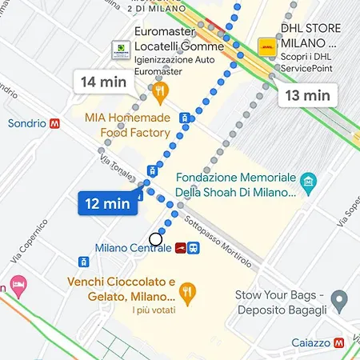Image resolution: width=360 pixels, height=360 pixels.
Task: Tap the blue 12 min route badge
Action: pos(107,203)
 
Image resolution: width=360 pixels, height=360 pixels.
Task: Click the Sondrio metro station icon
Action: pos(55,124)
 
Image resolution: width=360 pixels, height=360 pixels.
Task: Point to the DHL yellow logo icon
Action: pos(267,47)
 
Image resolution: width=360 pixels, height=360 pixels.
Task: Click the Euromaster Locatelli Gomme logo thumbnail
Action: pos(122,50)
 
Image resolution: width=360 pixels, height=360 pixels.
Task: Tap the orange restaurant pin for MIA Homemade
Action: pos(160,91)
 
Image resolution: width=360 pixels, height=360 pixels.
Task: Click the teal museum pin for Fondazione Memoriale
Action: pos(309,186)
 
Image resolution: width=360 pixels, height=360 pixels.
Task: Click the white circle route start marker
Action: pos(156,238)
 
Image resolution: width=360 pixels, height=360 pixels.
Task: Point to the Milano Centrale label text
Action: pos(133,248)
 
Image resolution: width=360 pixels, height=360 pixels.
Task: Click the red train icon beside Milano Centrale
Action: pos(181,248)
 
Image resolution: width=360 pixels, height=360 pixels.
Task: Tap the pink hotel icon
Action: pos(18,284)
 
